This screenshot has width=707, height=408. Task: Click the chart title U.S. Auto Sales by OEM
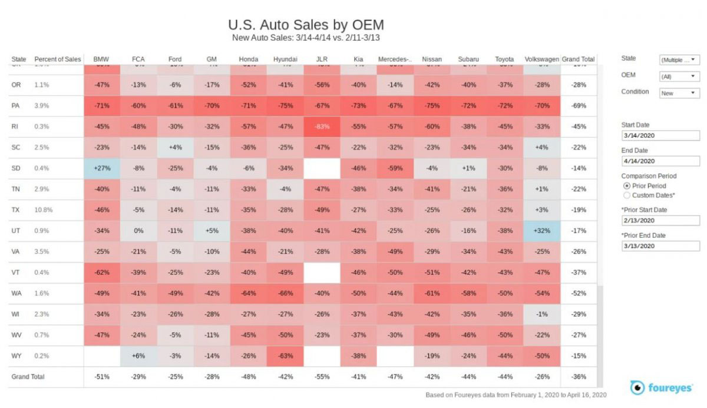point(306,25)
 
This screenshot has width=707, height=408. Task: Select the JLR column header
point(322,59)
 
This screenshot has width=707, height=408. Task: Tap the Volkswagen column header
point(541,59)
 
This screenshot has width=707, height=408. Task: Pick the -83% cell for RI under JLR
point(322,127)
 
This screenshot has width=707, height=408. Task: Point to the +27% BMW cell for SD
point(102,168)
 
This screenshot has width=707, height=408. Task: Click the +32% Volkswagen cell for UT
point(541,231)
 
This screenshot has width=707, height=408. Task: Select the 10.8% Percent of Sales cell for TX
point(42,210)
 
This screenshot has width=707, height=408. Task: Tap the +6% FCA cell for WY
point(138,356)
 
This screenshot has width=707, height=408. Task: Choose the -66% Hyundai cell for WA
point(286,293)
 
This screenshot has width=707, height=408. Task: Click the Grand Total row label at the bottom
point(28,377)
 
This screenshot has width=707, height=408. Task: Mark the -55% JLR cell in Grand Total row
point(322,377)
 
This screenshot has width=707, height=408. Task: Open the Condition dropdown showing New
point(679,93)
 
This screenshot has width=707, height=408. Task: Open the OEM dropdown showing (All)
point(679,77)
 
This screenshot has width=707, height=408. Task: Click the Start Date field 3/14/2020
point(660,136)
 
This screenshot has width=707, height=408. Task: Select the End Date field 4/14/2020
point(660,161)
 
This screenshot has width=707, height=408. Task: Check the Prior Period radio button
point(626,186)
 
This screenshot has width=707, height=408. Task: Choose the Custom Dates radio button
point(626,195)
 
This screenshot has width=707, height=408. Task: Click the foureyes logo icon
point(637,387)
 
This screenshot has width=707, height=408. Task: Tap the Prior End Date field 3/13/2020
point(660,246)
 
